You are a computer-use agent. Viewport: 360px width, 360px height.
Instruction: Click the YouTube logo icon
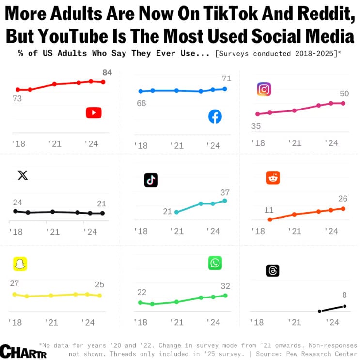(x=94, y=113)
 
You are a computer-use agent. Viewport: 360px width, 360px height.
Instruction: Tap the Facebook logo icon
(x=215, y=116)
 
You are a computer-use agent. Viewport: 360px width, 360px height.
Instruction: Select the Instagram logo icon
(x=264, y=89)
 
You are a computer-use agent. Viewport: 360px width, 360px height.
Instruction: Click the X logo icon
(x=23, y=175)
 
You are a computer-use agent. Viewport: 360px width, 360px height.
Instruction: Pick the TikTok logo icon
(x=151, y=180)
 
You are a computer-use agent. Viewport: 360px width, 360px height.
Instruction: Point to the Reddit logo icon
(x=273, y=177)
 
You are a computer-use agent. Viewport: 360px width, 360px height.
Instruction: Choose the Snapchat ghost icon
(x=20, y=264)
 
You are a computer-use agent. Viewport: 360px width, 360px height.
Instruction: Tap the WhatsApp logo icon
(x=215, y=263)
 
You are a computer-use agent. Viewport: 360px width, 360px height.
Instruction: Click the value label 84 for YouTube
(x=107, y=73)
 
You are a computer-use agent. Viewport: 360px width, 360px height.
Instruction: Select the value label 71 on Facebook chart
(x=226, y=78)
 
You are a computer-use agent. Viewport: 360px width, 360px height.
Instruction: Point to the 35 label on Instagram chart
(x=256, y=126)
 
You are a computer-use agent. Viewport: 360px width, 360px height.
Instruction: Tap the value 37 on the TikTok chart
(x=224, y=192)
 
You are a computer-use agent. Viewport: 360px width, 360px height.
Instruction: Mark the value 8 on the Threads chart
(x=344, y=295)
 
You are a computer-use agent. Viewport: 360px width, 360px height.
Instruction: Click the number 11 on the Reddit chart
(x=269, y=210)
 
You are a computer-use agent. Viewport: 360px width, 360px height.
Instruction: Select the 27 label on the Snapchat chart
(x=15, y=283)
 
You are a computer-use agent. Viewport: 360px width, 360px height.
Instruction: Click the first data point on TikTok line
(x=176, y=212)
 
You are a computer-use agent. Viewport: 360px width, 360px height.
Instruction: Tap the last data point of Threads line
(x=344, y=306)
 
